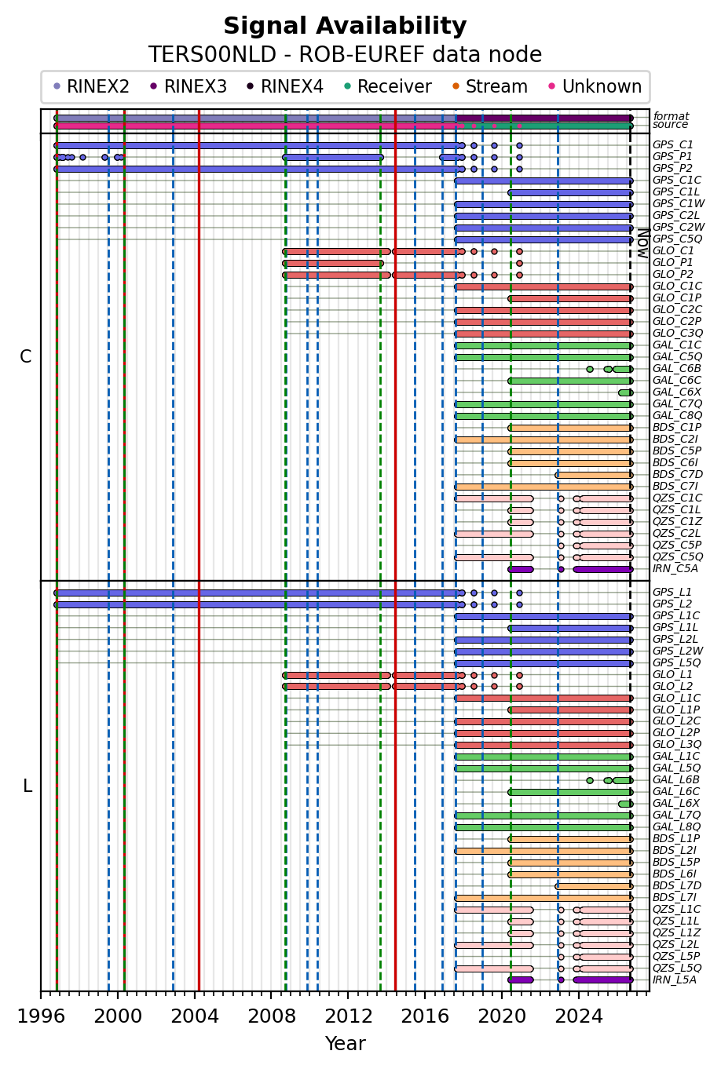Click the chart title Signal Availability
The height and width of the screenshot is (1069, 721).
(345, 26)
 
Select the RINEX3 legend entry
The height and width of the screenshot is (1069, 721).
(188, 86)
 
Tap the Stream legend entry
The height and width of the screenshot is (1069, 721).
(489, 86)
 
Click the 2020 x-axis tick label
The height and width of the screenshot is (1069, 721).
(502, 1016)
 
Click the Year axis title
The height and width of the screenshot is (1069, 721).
(346, 1044)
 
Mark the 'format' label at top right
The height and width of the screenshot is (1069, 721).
(671, 116)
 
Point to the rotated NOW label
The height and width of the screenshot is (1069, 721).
(644, 243)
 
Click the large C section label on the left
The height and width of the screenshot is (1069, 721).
(26, 356)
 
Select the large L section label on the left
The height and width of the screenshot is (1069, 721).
(27, 786)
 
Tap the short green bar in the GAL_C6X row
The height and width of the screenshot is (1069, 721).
(625, 392)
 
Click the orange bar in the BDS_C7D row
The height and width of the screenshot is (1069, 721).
(594, 475)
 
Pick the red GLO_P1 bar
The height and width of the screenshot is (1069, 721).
(333, 264)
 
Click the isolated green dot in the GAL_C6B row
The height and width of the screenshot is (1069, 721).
(590, 370)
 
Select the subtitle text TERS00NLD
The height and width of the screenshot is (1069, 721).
(213, 54)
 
